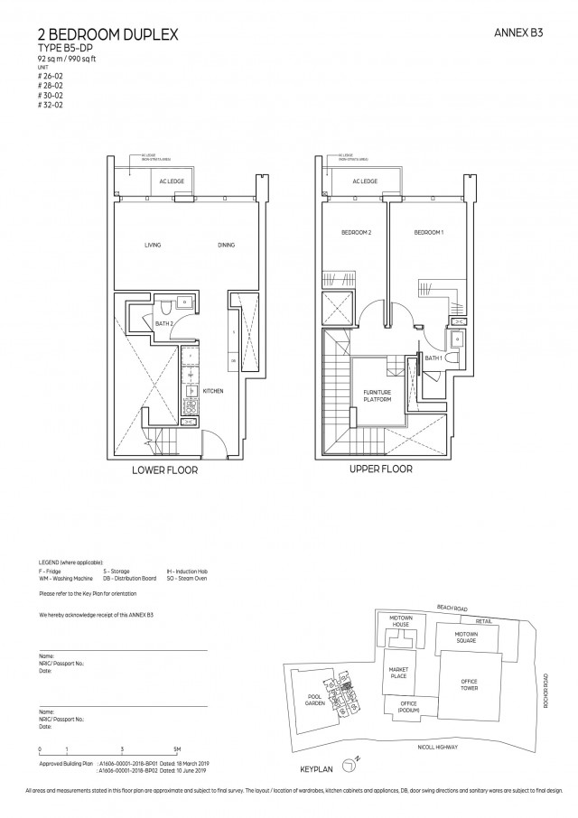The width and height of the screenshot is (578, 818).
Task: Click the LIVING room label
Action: coord(153,245)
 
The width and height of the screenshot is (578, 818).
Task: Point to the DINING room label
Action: coord(227,245)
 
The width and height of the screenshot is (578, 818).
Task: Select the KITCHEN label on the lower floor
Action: coord(212,391)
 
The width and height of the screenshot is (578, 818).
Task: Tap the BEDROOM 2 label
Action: coord(356,233)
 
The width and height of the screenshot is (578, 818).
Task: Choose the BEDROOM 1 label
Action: coord(428,233)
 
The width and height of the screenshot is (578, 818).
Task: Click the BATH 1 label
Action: coord(433,358)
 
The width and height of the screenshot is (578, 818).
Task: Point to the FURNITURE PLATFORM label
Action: coord(376,394)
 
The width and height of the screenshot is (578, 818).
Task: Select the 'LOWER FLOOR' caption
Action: coord(164,470)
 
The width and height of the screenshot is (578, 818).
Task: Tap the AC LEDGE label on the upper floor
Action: coord(364,181)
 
